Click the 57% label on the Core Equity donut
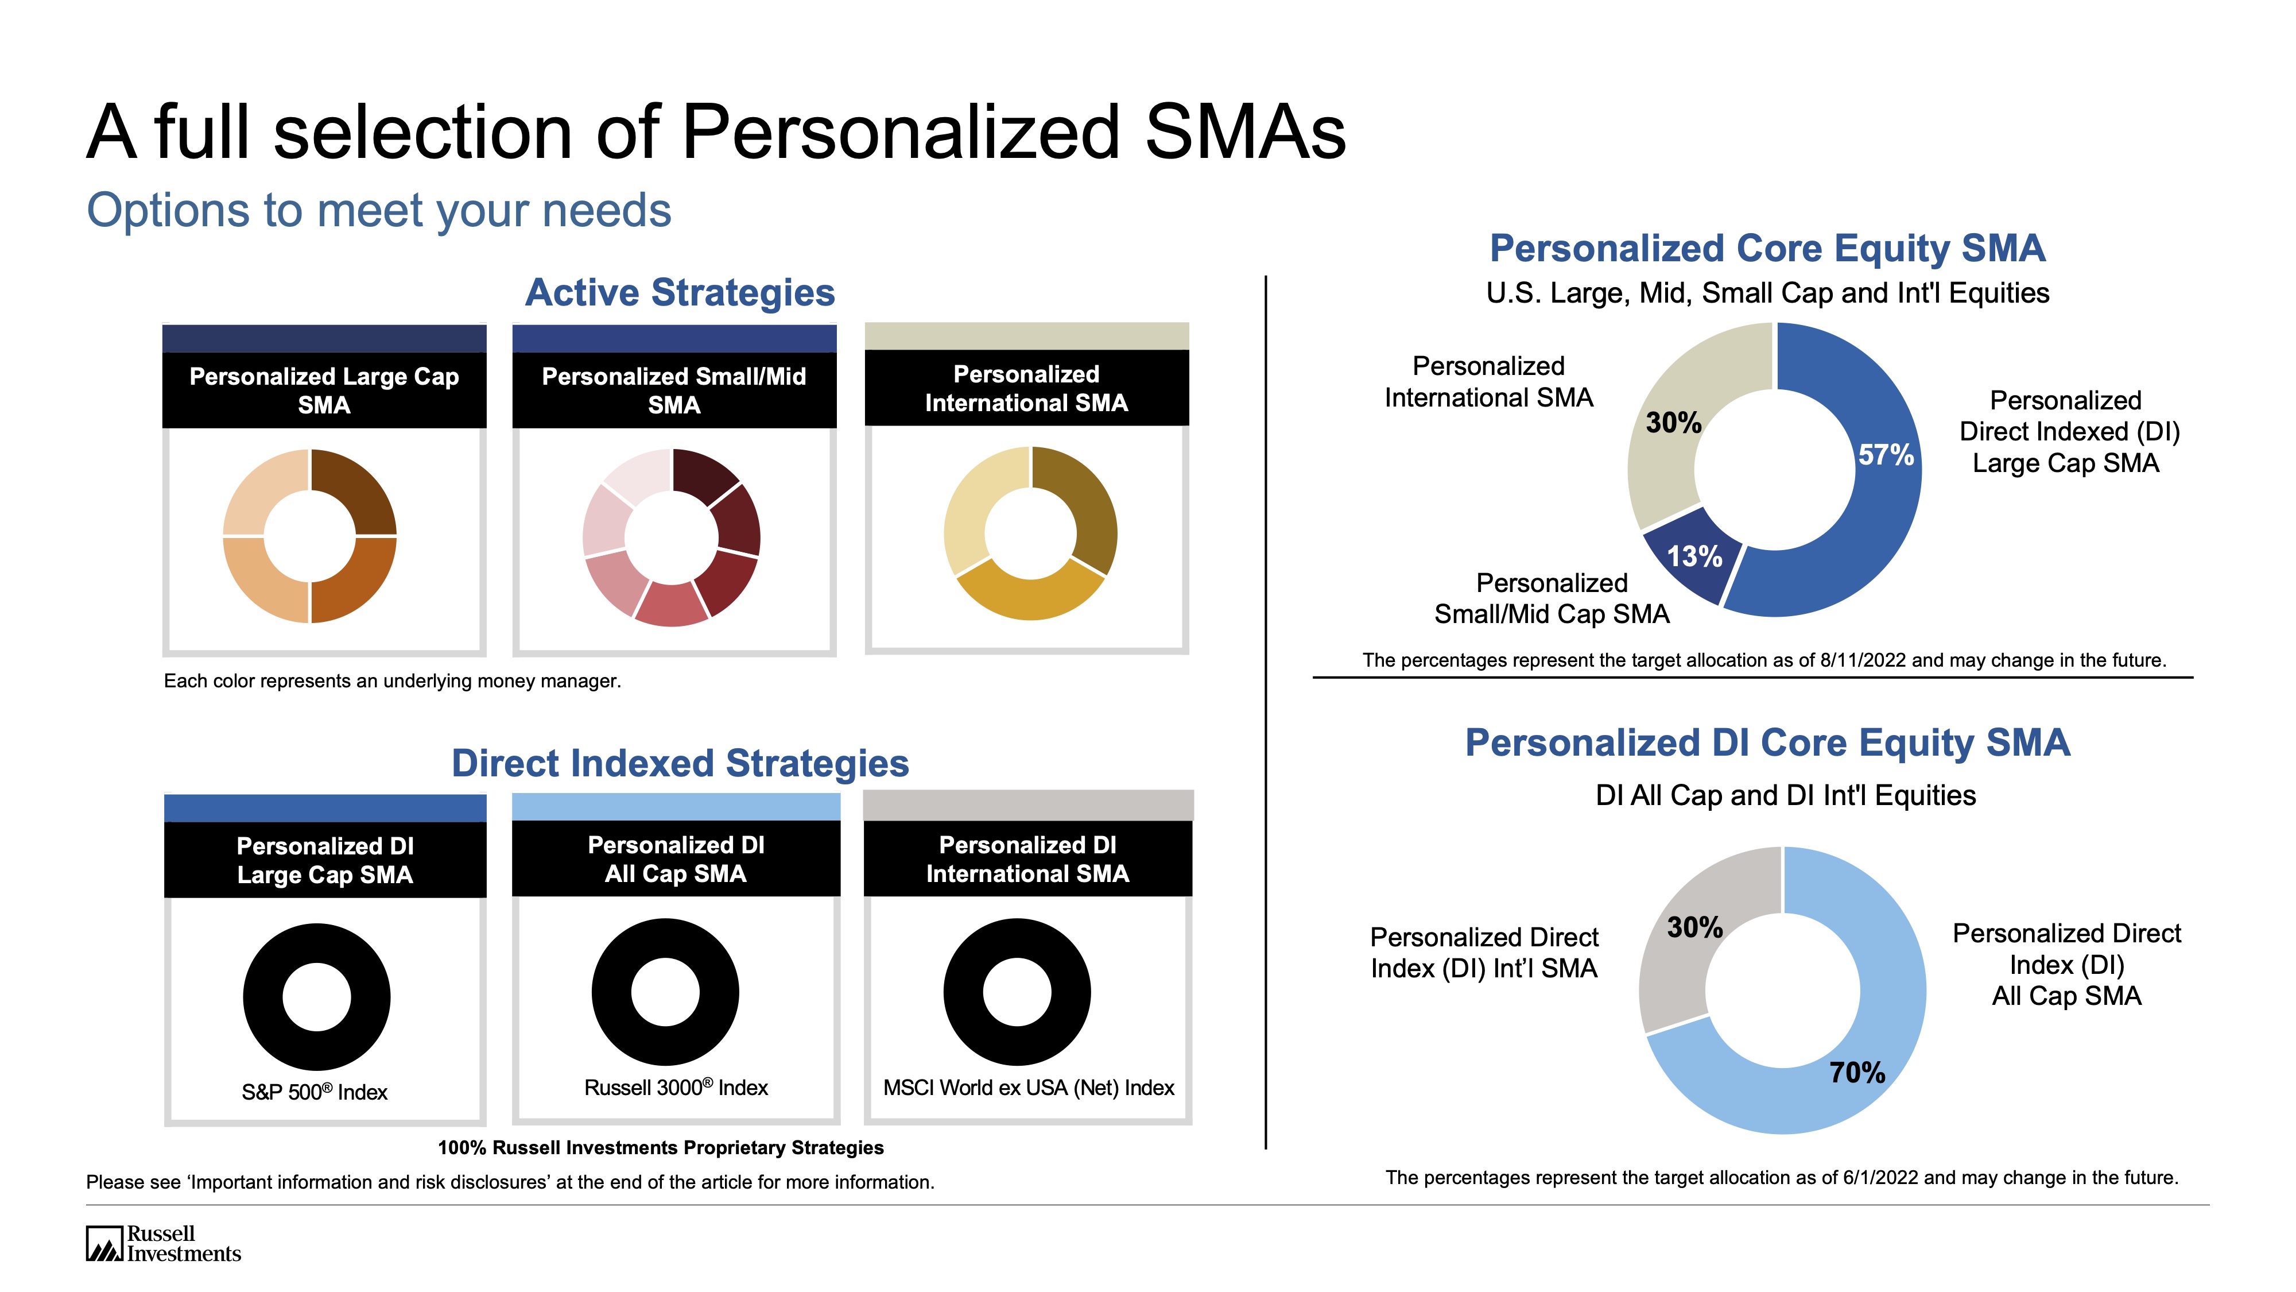[x=1885, y=455]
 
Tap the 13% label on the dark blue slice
[x=1693, y=556]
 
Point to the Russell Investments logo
[x=163, y=1243]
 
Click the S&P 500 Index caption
[x=315, y=1092]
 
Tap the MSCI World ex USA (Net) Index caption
[x=1029, y=1088]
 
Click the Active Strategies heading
[x=679, y=292]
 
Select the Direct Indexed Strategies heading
[x=680, y=763]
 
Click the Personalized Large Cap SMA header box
[x=324, y=390]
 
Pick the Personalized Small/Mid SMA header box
[x=674, y=390]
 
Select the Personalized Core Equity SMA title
[x=1767, y=248]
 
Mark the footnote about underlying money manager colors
[x=392, y=681]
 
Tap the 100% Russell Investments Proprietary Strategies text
[x=661, y=1147]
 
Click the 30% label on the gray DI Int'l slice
[x=1694, y=927]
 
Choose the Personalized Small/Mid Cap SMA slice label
[x=1551, y=598]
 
